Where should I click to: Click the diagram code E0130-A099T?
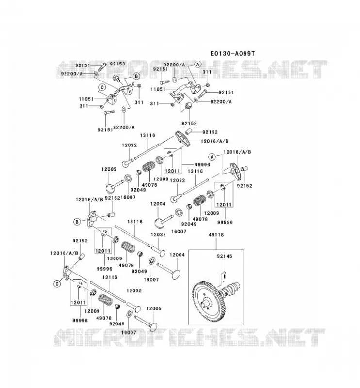click(x=232, y=53)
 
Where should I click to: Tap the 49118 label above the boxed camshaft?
click(x=216, y=235)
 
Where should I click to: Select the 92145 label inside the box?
click(x=225, y=256)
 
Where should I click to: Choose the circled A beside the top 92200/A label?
click(x=197, y=65)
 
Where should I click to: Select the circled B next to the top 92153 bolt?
click(x=136, y=76)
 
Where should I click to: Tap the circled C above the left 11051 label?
click(x=102, y=87)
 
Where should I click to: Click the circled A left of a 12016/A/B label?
click(x=212, y=157)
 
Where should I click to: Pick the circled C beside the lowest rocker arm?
click(x=57, y=284)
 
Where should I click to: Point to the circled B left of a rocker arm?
click(x=77, y=222)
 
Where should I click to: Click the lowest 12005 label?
click(x=153, y=308)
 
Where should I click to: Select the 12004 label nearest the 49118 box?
click(x=177, y=255)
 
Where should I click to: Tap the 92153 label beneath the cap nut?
click(x=189, y=123)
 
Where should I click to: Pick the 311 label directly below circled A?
click(x=207, y=72)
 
